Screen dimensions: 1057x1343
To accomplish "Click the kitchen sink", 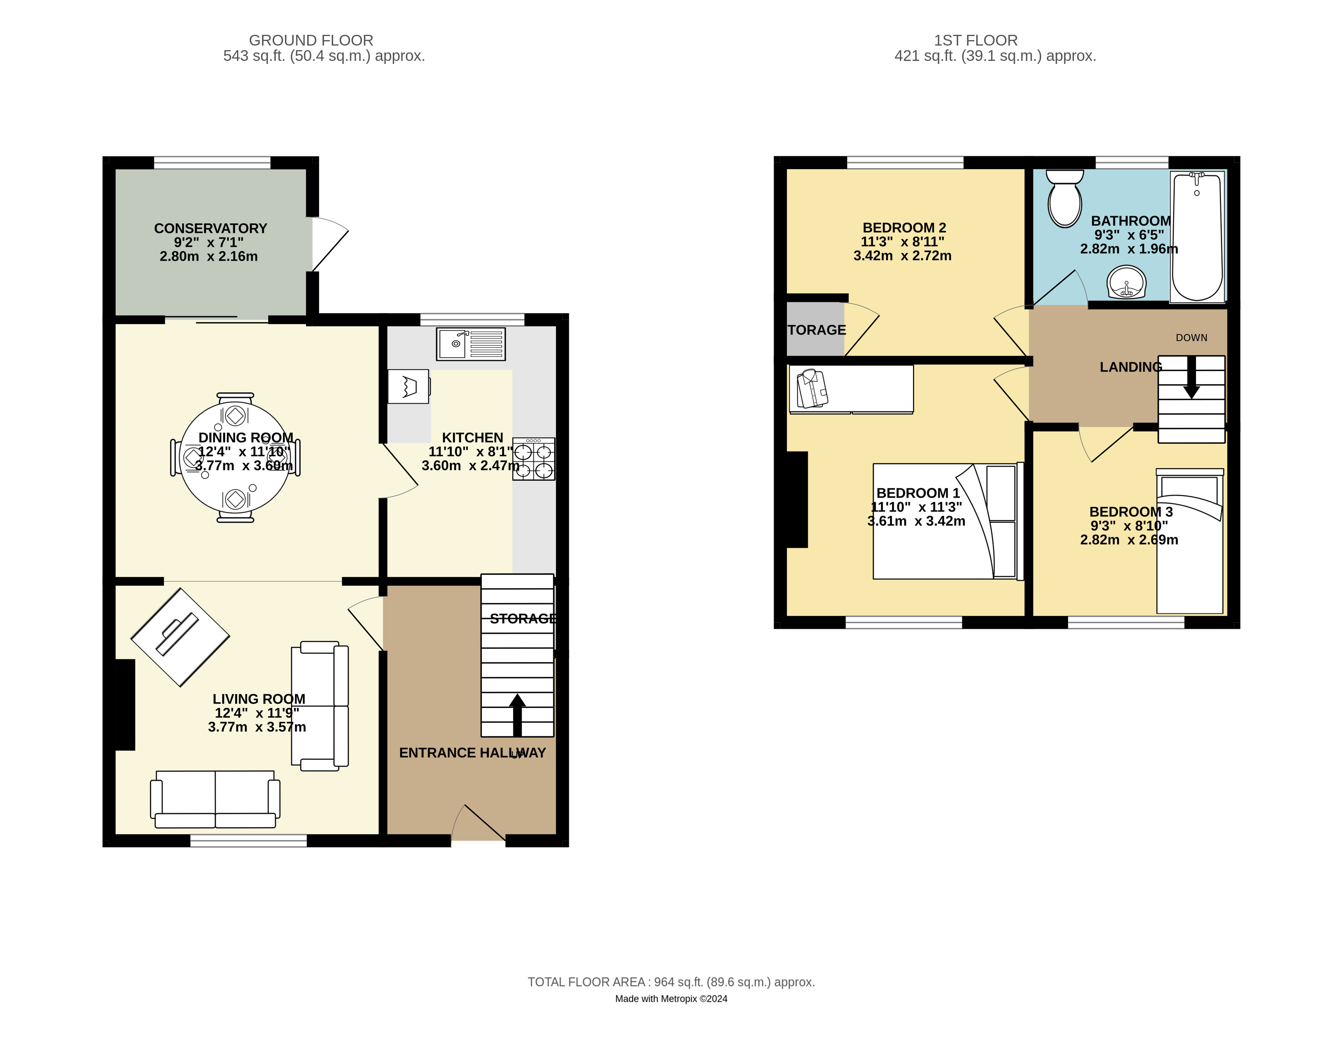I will point(470,344).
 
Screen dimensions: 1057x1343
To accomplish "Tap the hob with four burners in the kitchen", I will point(533,459).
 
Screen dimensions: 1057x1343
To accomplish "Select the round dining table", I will point(235,458).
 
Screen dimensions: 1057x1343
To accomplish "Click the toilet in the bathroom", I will point(1065,198).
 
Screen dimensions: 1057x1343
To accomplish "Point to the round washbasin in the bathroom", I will point(1126,283).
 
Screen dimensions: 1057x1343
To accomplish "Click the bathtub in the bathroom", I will point(1197,237).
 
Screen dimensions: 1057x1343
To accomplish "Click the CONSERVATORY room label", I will point(210,228).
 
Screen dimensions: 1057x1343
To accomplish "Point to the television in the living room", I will point(180,637).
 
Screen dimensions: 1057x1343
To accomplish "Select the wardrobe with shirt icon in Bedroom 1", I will point(851,389).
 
